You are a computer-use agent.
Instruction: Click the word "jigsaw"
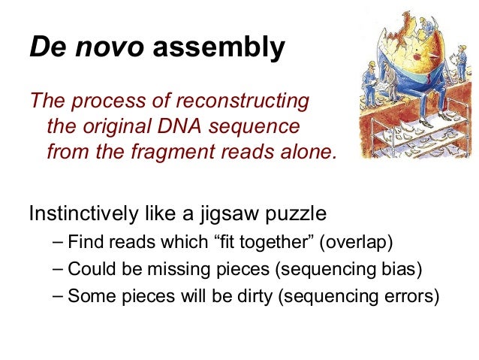221,214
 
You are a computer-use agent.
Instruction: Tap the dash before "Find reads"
59,244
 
